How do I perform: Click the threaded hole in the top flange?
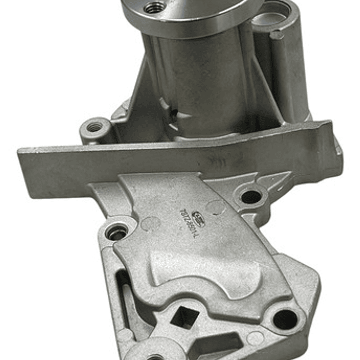tap(154, 8)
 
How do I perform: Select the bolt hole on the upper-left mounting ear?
tap(94, 127)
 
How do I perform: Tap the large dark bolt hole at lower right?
tap(285, 318)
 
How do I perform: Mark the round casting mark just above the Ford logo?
tap(215, 206)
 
